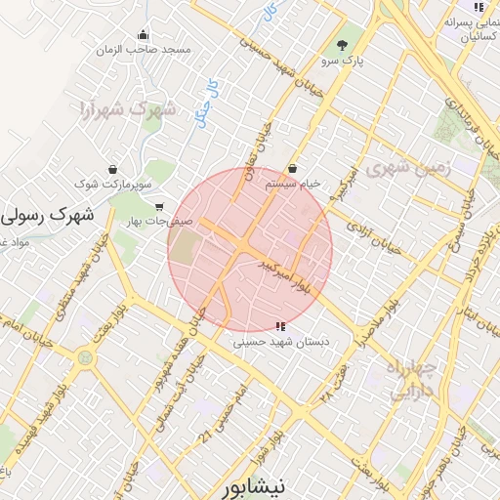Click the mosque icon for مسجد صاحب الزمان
point(143,34)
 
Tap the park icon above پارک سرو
point(342,45)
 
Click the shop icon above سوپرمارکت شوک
point(115,168)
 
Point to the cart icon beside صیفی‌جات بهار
point(159,206)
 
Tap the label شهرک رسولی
point(49,213)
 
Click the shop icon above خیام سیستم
point(293,168)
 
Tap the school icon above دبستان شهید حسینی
point(280,327)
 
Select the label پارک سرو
point(344,62)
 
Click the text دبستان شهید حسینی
point(280,343)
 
